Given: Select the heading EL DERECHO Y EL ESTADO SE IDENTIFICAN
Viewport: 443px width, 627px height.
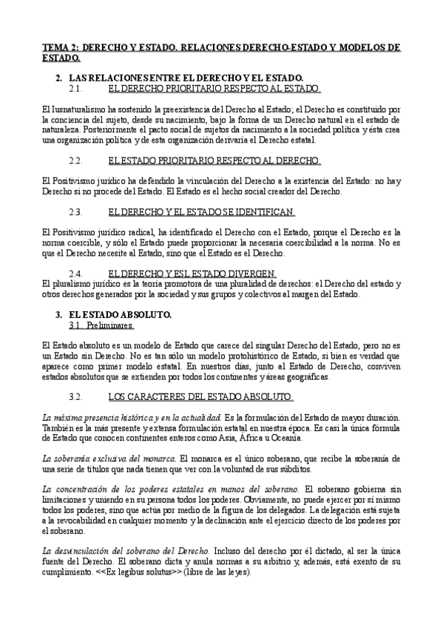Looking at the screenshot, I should click(201, 212).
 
